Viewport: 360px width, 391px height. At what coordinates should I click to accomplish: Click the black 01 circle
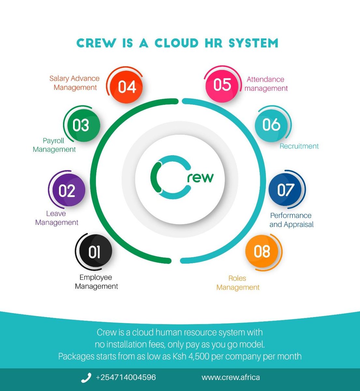tap(94, 252)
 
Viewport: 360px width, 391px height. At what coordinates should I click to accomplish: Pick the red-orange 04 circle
tap(127, 87)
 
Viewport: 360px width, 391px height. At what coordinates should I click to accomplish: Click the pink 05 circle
tap(222, 85)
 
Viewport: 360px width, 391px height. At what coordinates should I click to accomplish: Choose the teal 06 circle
tap(271, 125)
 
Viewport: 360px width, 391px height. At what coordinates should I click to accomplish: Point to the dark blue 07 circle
tap(286, 190)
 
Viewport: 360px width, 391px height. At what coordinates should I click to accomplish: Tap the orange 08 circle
tap(262, 251)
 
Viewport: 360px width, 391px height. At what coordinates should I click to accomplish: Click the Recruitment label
tap(299, 146)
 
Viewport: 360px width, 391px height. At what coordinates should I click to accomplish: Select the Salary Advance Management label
tap(75, 83)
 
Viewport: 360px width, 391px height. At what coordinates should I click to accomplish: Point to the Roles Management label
tap(238, 283)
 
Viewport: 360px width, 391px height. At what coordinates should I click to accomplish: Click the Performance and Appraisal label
tap(291, 220)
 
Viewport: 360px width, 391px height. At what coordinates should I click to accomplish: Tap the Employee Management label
tap(96, 282)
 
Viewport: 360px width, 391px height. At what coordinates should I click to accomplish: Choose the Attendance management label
tap(266, 84)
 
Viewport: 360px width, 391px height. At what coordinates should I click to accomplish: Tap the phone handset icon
tap(86, 378)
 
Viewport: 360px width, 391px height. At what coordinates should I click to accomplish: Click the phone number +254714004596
tap(126, 378)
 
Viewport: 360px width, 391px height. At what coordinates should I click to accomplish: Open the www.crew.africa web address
tap(231, 378)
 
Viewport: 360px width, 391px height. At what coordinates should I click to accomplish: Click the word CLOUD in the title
tap(176, 43)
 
